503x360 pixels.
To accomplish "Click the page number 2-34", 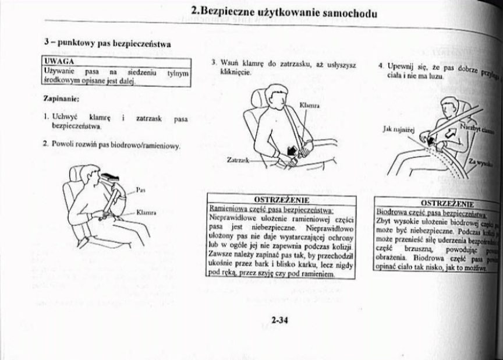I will click(280, 318).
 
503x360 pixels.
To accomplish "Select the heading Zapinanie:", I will click(60, 99).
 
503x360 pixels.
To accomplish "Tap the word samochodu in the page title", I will click(349, 12).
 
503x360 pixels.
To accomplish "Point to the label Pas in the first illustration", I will click(139, 190).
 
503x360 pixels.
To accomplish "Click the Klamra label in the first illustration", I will click(145, 212).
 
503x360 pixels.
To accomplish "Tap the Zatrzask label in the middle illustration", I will click(239, 158).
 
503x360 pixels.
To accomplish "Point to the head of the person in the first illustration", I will click(86, 174).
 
